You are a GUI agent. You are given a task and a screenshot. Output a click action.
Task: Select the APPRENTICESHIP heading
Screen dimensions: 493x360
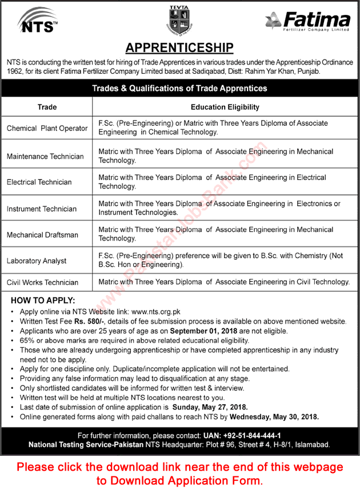(x=179, y=47)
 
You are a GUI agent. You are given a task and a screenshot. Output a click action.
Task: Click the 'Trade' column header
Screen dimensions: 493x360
(x=47, y=107)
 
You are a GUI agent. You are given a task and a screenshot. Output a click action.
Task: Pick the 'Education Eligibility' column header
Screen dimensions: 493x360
(x=225, y=107)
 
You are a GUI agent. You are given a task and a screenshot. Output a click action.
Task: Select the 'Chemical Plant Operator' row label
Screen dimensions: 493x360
(x=47, y=128)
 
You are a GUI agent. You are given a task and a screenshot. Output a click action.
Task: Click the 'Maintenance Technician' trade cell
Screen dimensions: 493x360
(x=45, y=156)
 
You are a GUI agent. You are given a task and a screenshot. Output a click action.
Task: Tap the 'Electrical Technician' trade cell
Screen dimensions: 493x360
(x=39, y=182)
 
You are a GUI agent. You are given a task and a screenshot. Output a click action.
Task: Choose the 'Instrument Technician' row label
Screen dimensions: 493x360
(x=42, y=209)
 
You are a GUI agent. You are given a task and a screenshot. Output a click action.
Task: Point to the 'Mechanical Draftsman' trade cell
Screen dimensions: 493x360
(x=43, y=234)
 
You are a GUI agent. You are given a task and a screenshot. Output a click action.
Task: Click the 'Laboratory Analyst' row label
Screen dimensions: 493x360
(x=37, y=261)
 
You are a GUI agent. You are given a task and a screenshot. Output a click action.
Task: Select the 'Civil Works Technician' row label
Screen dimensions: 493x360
(x=43, y=282)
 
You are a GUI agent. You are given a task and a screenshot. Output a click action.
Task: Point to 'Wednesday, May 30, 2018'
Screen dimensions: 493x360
(x=278, y=417)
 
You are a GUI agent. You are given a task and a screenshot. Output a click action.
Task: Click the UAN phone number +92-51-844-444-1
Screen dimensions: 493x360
(x=249, y=435)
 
